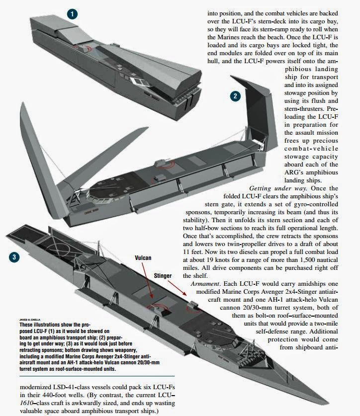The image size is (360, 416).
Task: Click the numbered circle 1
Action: pyautogui.click(x=72, y=14)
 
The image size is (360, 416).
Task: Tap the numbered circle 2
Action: pyautogui.click(x=235, y=96)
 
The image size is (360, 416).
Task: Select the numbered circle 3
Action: pyautogui.click(x=14, y=257)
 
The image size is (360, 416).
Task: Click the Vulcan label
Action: pyautogui.click(x=143, y=258)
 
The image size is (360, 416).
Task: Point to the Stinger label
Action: pyautogui.click(x=163, y=276)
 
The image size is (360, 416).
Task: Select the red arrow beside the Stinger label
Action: pyautogui.click(x=177, y=288)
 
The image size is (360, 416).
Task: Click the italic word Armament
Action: pyautogui.click(x=205, y=284)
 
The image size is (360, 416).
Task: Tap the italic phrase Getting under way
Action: pyautogui.click(x=278, y=188)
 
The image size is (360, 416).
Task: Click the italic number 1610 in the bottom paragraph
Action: pyautogui.click(x=26, y=403)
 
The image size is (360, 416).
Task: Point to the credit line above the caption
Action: pyautogui.click(x=30, y=320)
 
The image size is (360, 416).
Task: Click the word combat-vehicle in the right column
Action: pyautogui.click(x=311, y=149)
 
